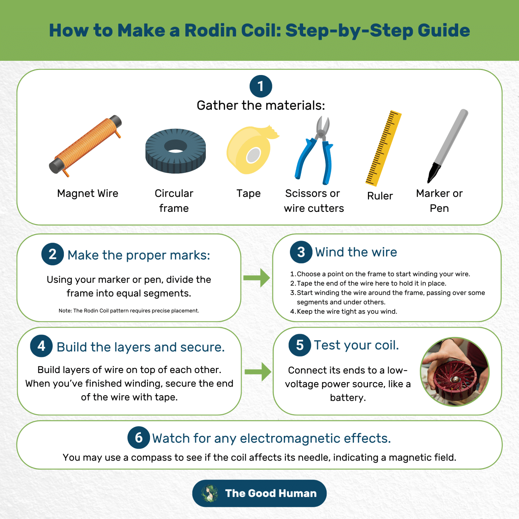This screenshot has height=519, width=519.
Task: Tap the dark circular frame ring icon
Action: pyautogui.click(x=175, y=151)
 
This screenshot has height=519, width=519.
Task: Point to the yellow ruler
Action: pyautogui.click(x=384, y=148)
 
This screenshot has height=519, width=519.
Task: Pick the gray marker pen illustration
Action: pyautogui.click(x=448, y=145)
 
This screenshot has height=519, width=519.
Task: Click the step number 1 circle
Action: pyautogui.click(x=261, y=86)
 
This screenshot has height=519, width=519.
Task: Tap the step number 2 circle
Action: pyautogui.click(x=52, y=254)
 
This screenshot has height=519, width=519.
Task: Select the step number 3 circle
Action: pyautogui.click(x=301, y=252)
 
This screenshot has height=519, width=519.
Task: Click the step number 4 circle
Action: pyautogui.click(x=41, y=346)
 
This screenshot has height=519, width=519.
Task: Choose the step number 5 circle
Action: pyautogui.click(x=299, y=345)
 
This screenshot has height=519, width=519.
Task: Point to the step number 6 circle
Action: pyautogui.click(x=139, y=438)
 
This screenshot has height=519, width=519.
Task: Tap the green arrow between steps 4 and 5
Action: pyautogui.click(x=258, y=372)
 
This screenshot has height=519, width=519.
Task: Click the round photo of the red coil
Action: pyautogui.click(x=454, y=372)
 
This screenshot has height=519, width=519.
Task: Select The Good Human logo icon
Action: pyautogui.click(x=209, y=493)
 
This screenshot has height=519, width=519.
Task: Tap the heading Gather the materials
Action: pyautogui.click(x=261, y=105)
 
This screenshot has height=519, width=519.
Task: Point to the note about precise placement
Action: pyautogui.click(x=129, y=311)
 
